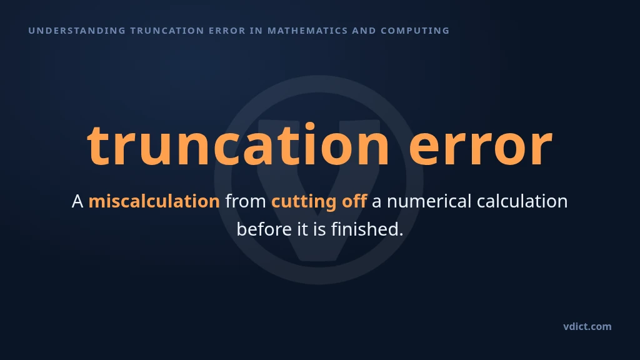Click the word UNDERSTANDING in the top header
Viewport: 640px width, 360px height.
pyautogui.click(x=77, y=31)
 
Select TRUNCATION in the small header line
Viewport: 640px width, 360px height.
pyautogui.click(x=167, y=31)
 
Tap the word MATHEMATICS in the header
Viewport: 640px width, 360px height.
pyautogui.click(x=307, y=31)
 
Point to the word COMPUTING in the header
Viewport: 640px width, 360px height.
pyautogui.click(x=415, y=31)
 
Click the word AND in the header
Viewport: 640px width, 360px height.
pyautogui.click(x=364, y=31)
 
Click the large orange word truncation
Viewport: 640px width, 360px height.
pyautogui.click(x=238, y=145)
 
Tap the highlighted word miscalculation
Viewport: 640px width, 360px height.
pyautogui.click(x=154, y=201)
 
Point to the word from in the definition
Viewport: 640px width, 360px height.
pyautogui.click(x=246, y=201)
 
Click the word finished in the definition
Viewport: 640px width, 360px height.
pyautogui.click(x=366, y=229)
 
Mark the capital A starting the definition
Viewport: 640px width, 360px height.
pyautogui.click(x=77, y=201)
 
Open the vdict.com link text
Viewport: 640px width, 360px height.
pyautogui.click(x=587, y=326)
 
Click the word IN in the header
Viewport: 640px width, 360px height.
pyautogui.click(x=257, y=31)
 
